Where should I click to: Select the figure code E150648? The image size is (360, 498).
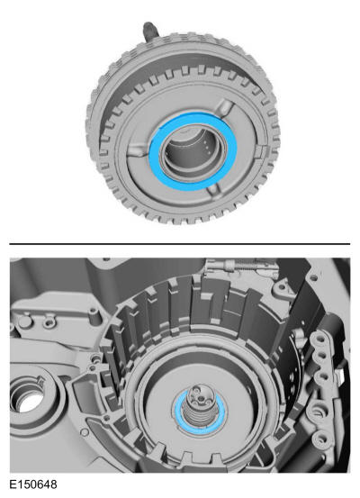[x=33, y=484]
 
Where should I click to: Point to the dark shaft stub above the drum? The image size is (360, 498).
[x=149, y=32]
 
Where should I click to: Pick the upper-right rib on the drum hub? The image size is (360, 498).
[x=226, y=107]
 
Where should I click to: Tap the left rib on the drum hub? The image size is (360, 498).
[x=137, y=149]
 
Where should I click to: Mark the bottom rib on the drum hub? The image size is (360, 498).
[x=213, y=192]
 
